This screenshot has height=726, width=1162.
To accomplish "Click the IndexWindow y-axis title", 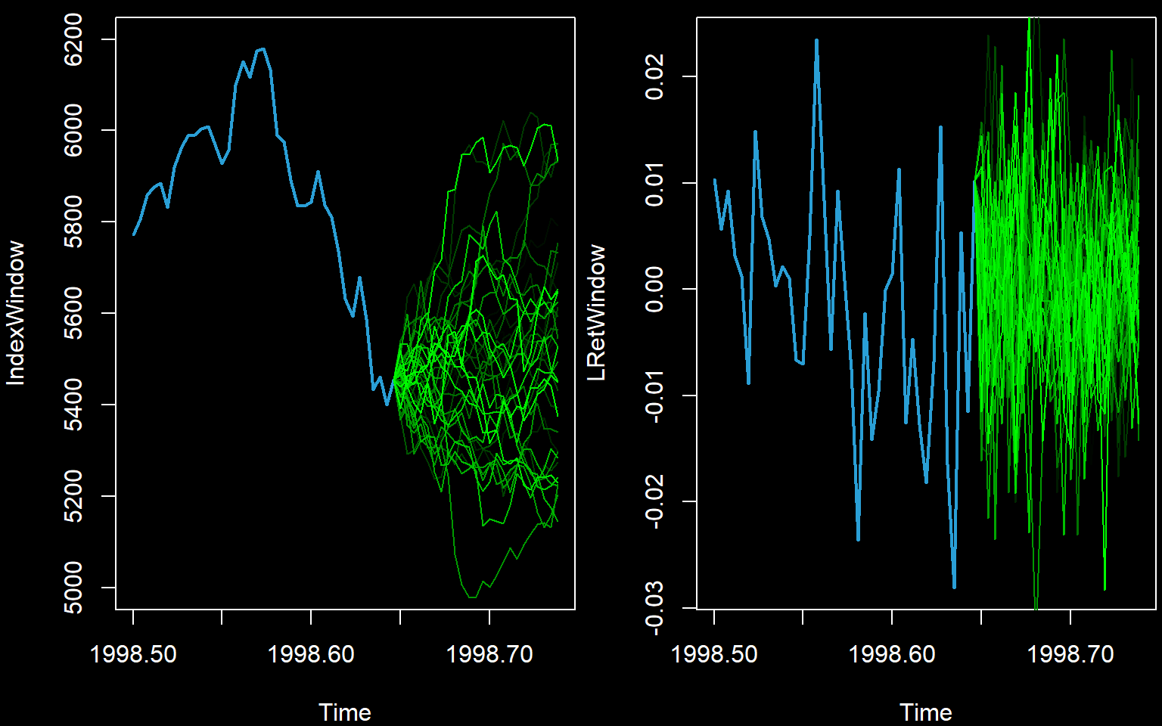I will (x=16, y=313).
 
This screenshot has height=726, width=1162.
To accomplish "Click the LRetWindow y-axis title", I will (x=597, y=312).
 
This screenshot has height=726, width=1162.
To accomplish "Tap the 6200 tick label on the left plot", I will (x=74, y=40).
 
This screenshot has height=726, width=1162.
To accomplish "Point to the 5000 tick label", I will (x=74, y=588).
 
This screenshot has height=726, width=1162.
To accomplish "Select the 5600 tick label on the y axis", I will (x=74, y=313).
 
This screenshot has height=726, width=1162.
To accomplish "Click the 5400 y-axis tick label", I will (x=74, y=405).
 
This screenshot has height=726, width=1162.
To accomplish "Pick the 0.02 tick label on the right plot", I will (x=654, y=76).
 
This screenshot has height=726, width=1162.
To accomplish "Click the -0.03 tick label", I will (x=654, y=608).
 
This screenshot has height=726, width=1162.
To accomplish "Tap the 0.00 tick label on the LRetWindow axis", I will (x=654, y=289).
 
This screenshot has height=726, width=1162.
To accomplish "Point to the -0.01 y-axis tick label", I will (x=654, y=396).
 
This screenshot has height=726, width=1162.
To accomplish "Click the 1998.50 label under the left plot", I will (x=133, y=654).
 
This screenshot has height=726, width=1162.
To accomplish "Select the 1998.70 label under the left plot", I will (x=489, y=654).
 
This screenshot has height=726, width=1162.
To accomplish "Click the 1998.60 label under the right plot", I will (x=893, y=654).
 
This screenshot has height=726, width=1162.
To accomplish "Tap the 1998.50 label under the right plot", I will (x=714, y=654).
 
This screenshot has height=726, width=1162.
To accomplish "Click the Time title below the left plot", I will (x=345, y=712).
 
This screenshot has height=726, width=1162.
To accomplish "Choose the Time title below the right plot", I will (x=926, y=712).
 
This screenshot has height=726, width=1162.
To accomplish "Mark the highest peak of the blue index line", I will (x=262, y=49).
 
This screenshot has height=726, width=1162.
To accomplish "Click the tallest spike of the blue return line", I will (x=817, y=40).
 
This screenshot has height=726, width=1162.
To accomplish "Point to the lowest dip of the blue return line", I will (x=954, y=587).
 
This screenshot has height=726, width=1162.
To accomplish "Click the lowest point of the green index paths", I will (x=471, y=597).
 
